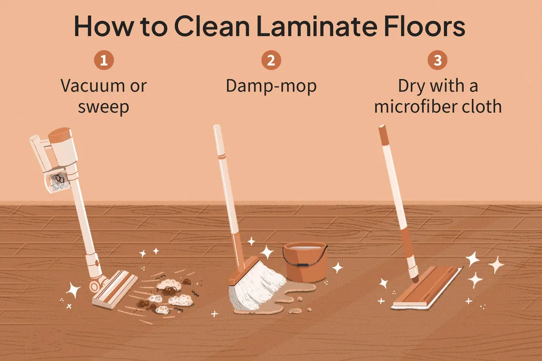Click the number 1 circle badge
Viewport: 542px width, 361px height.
click(x=104, y=60)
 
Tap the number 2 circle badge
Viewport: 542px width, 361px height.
click(x=271, y=60)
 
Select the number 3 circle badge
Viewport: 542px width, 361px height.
click(x=437, y=60)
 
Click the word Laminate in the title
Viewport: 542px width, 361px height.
click(x=316, y=26)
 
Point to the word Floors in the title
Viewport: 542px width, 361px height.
click(x=424, y=26)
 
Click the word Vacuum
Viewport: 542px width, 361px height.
click(x=93, y=86)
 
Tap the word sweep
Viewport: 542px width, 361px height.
click(x=103, y=107)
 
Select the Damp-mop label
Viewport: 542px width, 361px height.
click(x=271, y=86)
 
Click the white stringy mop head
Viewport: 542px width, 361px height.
click(x=256, y=288)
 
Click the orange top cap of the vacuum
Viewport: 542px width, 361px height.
click(x=59, y=134)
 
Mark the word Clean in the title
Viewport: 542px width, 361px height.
click(x=211, y=26)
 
